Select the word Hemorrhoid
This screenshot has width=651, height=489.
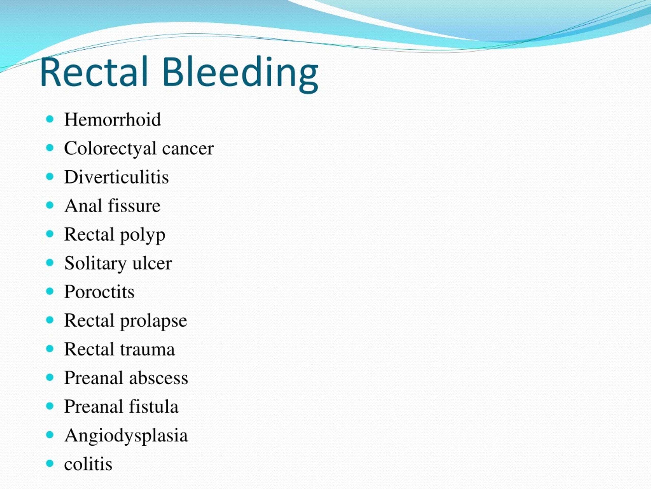(x=112, y=120)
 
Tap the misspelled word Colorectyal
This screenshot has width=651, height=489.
(x=110, y=148)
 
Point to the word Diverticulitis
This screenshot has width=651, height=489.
(x=116, y=177)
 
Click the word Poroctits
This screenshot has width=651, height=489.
(x=99, y=292)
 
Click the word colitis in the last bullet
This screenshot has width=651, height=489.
(x=88, y=464)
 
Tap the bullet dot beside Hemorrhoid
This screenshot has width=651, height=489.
(x=50, y=119)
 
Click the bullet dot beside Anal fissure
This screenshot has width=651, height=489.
(x=50, y=206)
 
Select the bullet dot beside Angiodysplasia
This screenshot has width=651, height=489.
(x=50, y=435)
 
